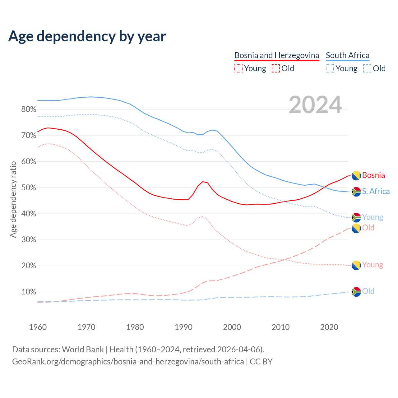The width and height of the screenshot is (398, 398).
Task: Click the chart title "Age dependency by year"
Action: tap(87, 36)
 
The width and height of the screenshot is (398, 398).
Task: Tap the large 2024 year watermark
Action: tap(315, 105)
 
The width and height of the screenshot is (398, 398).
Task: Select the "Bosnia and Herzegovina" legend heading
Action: tap(277, 55)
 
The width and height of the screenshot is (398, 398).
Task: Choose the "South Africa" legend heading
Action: tap(348, 55)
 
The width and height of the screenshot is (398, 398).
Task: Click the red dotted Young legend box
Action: tap(238, 68)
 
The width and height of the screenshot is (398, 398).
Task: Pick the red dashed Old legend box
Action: tap(275, 68)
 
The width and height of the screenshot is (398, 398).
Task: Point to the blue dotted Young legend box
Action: tap(330, 68)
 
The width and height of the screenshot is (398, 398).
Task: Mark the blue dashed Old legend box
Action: tap(367, 68)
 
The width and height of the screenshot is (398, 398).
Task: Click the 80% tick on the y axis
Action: tap(29, 109)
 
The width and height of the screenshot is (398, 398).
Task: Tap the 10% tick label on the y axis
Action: tap(29, 292)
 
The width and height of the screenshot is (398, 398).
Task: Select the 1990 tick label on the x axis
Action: tap(184, 327)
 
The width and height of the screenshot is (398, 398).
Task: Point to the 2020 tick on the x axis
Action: tap(329, 327)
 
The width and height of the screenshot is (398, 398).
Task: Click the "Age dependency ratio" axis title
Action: tap(13, 199)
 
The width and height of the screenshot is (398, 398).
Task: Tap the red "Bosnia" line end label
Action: tap(373, 175)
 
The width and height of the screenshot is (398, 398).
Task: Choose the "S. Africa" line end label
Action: tap(376, 191)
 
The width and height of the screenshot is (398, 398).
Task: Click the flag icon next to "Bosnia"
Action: tap(356, 176)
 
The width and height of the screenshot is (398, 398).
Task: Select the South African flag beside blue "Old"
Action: tap(356, 292)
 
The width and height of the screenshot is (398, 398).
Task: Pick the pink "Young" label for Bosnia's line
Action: tap(373, 265)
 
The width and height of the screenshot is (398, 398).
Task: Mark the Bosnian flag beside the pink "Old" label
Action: tap(356, 228)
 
